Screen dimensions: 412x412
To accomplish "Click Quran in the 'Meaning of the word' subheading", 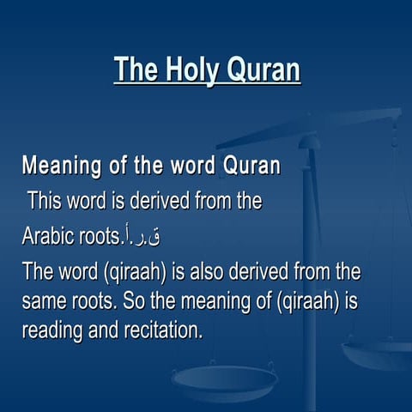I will pos(251,165).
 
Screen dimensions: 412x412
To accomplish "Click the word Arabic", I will pos(48,237).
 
